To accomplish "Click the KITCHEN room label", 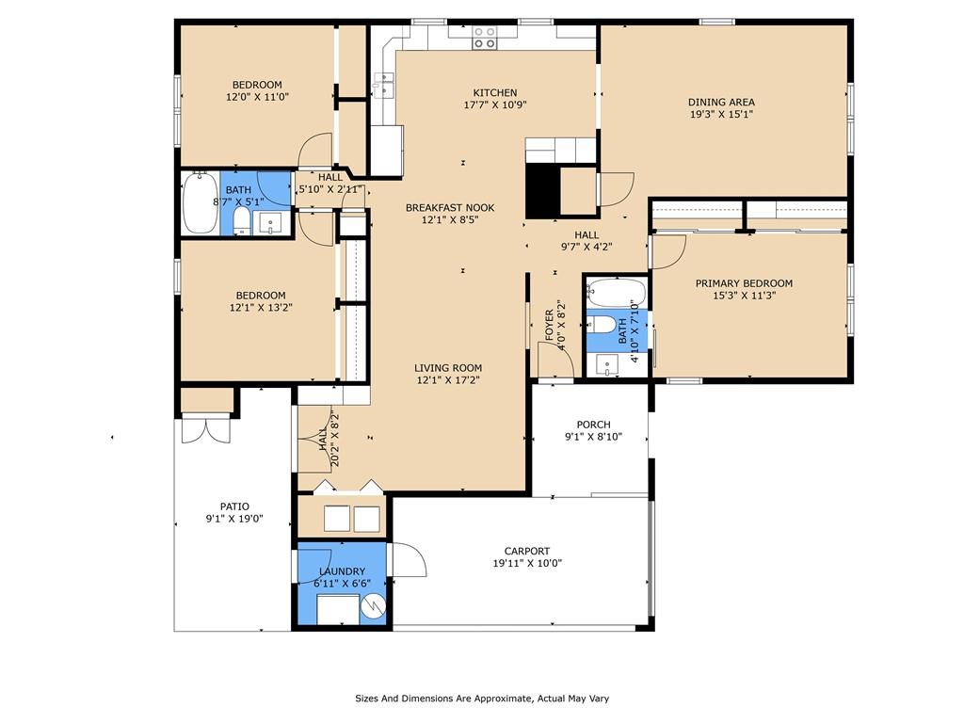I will pyautogui.click(x=494, y=92).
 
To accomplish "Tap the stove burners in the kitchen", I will pyautogui.click(x=485, y=38).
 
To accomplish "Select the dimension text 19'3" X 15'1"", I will pyautogui.click(x=721, y=114).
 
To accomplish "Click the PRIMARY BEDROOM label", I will pyautogui.click(x=744, y=283).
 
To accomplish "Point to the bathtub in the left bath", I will pyautogui.click(x=201, y=202).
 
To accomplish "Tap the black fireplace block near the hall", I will pyautogui.click(x=542, y=190).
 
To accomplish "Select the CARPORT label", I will pyautogui.click(x=526, y=552).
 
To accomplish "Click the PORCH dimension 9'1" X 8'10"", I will pyautogui.click(x=593, y=437).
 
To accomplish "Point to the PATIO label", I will pyautogui.click(x=234, y=506).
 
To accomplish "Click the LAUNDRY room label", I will pyautogui.click(x=342, y=571).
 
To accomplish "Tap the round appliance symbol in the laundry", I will pyautogui.click(x=374, y=609).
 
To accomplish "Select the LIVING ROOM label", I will pyautogui.click(x=448, y=368).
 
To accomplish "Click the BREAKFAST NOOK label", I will pyautogui.click(x=449, y=208).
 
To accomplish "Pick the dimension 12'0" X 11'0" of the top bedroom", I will pyautogui.click(x=257, y=97).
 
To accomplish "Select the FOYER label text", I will pyautogui.click(x=550, y=324).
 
